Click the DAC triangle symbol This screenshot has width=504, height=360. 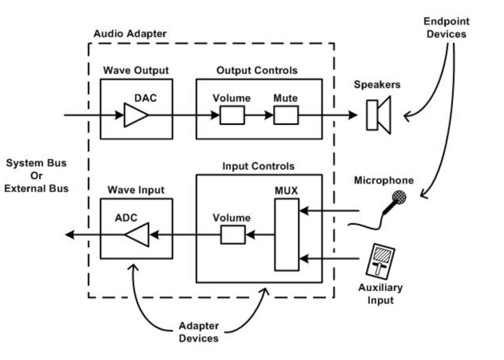pos(135,115)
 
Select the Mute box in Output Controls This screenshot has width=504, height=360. pos(286,115)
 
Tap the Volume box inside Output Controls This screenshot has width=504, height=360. pos(232,115)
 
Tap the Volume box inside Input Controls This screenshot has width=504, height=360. pos(233,235)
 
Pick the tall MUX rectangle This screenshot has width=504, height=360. pos(286,235)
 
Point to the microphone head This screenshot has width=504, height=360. pos(399,197)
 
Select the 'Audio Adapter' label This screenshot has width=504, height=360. pos(130,34)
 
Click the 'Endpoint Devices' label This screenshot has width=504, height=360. pos(446,28)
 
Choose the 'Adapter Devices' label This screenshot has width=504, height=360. pos(198,332)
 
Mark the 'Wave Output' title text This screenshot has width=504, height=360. pos(136,71)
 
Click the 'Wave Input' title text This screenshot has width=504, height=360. pos(136,190)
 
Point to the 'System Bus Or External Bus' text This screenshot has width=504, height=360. pos(36,176)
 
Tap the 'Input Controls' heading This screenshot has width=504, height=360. pos(258,166)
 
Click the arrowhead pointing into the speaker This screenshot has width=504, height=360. pos(352,115)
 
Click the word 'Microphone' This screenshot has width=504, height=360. pos(384,180)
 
